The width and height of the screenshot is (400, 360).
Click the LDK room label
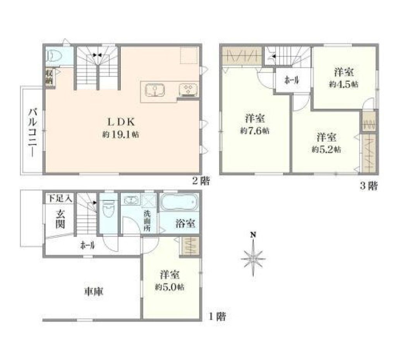[x=121, y=122]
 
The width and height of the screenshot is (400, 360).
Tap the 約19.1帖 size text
[x=121, y=134]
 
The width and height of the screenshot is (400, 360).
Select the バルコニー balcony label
[x=33, y=132]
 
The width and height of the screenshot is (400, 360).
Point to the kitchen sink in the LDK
[x=155, y=90]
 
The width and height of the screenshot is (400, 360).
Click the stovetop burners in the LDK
[x=189, y=90]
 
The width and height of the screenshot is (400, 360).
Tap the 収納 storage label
[x=50, y=77]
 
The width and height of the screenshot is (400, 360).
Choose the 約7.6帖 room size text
[x=254, y=131]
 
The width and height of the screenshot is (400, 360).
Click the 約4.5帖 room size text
[x=343, y=84]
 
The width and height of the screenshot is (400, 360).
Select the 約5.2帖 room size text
[x=326, y=149]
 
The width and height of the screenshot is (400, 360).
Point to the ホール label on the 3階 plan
[x=292, y=81]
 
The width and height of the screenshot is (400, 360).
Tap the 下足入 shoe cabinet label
[x=60, y=198]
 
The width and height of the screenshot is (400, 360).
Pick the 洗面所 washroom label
[x=147, y=221]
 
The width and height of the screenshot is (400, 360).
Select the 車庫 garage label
[x=94, y=291]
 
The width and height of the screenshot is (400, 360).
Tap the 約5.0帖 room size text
[x=169, y=287]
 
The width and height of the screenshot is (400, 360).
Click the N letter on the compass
[x=253, y=235]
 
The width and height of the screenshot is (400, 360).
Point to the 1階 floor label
[x=217, y=317]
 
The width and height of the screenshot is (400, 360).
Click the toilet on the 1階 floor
[x=108, y=209]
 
